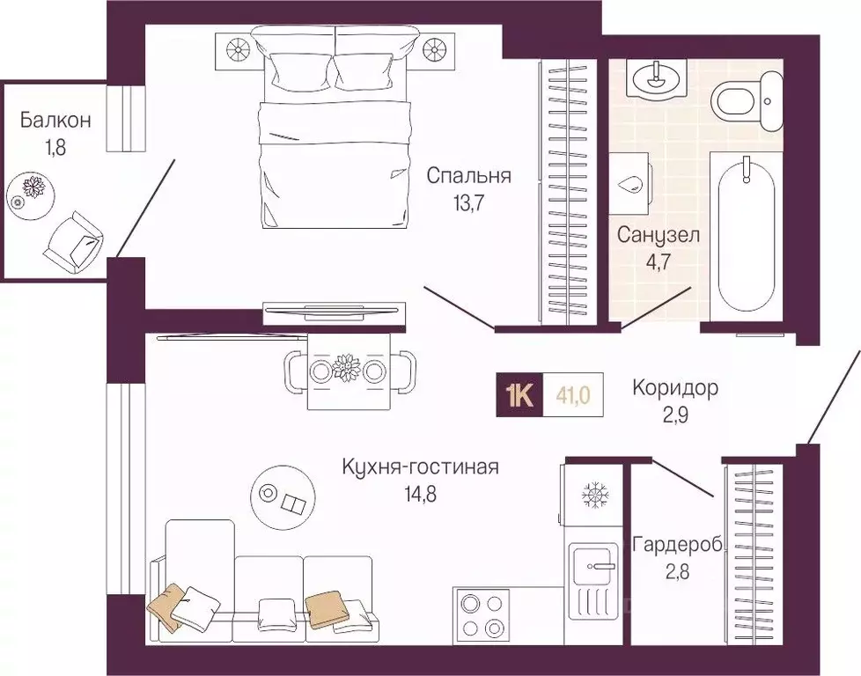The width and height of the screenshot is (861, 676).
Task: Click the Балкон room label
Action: pyautogui.click(x=56, y=120)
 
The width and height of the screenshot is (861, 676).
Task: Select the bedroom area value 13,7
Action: pyautogui.click(x=468, y=203)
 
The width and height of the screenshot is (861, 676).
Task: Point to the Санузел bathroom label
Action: pyautogui.click(x=658, y=236)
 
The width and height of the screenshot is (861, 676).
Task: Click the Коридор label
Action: pyautogui.click(x=676, y=387)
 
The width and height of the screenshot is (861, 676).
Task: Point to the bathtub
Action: pyautogui.click(x=748, y=233)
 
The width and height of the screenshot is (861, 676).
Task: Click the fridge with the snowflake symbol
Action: pyautogui.click(x=591, y=496)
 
